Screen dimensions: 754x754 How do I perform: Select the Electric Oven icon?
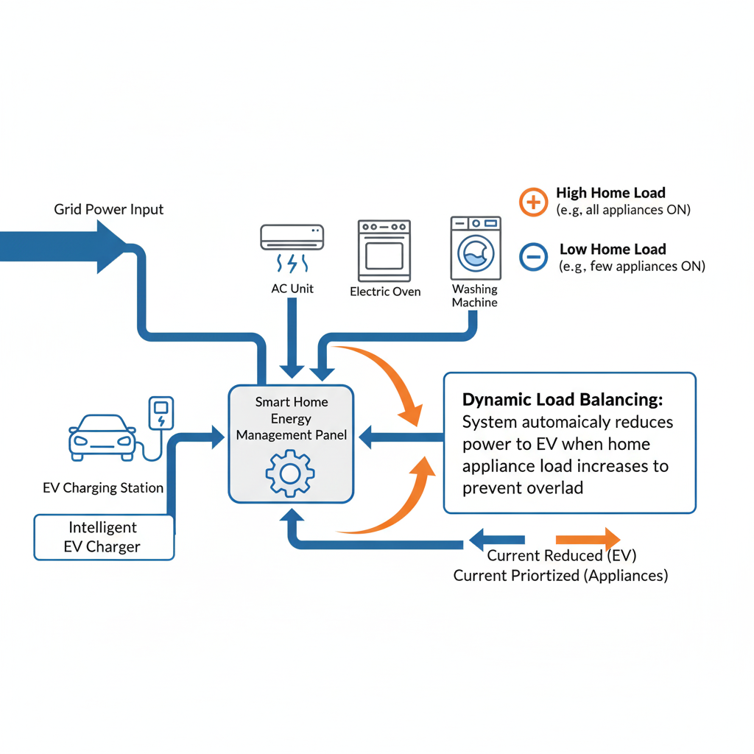click(384, 250)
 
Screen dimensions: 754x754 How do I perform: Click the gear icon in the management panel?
click(290, 472)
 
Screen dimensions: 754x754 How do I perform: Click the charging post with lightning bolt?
click(161, 415)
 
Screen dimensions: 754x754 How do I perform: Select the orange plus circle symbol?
click(533, 201)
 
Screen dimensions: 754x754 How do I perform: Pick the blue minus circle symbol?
click(533, 256)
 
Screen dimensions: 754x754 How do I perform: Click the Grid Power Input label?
click(109, 209)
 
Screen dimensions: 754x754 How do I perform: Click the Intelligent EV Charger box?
click(104, 537)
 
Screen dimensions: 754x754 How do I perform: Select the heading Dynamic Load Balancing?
click(563, 400)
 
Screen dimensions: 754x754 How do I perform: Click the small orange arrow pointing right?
click(588, 538)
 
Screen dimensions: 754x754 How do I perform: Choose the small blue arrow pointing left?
click(497, 539)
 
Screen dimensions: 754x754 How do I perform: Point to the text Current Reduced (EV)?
click(561, 556)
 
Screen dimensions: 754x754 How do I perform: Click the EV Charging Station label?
click(103, 487)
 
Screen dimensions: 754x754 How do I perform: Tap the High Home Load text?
click(610, 193)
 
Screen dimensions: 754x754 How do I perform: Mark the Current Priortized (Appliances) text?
click(560, 575)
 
